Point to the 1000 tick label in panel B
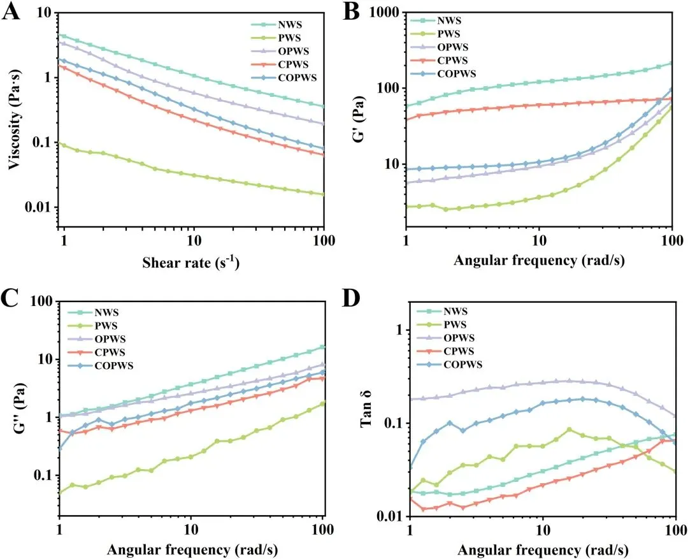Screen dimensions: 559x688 [381, 13]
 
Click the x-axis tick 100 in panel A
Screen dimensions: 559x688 [324, 243]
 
